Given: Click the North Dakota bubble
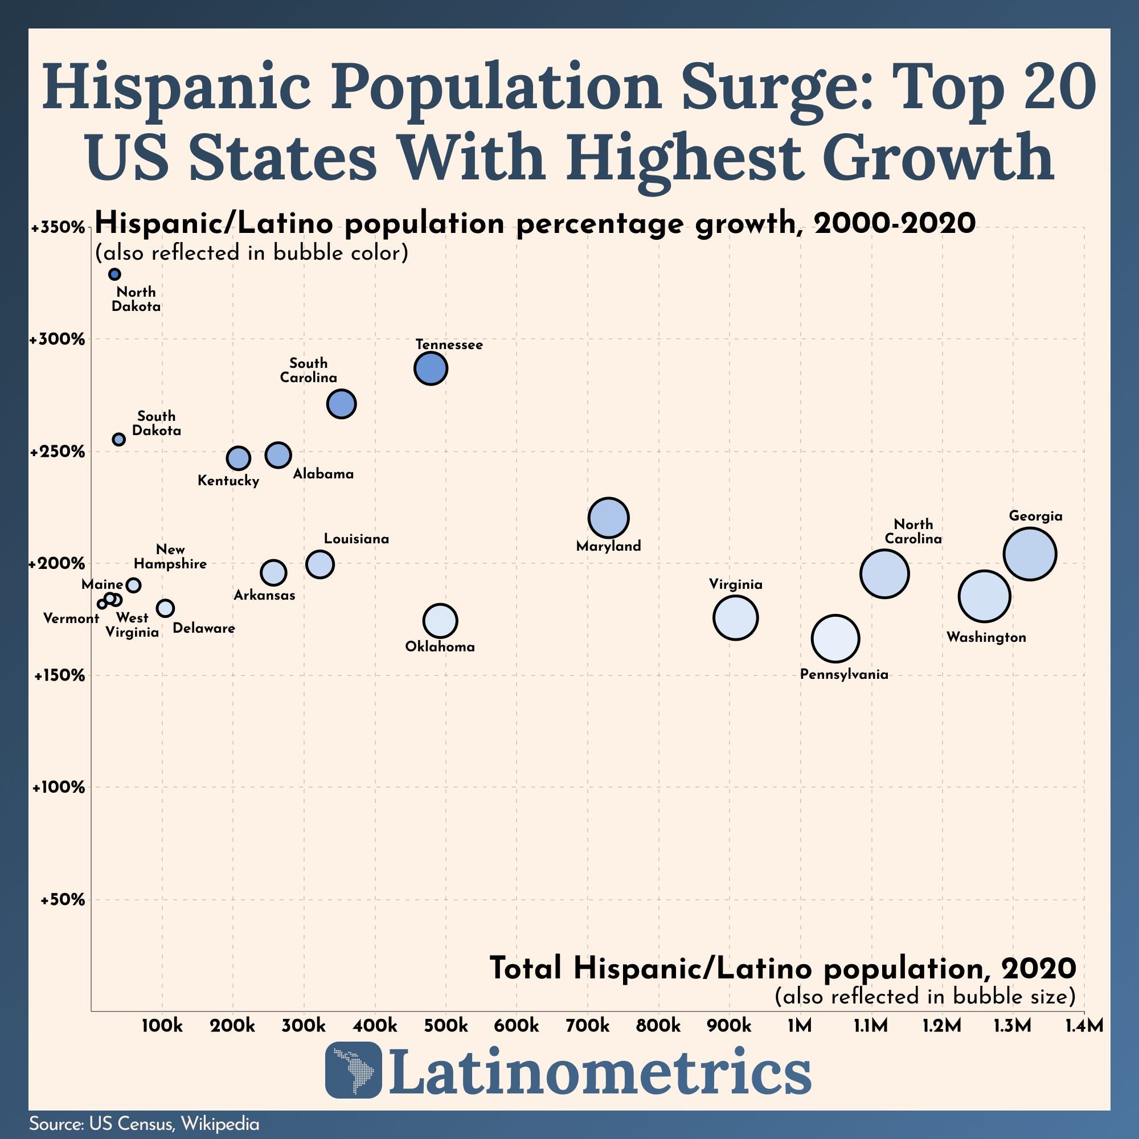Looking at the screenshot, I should (114, 274).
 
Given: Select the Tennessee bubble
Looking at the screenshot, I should (431, 368).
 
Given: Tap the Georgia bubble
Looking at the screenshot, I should (1029, 554).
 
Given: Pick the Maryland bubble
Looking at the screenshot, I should (608, 518).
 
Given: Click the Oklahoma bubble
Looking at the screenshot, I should (440, 621).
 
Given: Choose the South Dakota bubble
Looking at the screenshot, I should (118, 439).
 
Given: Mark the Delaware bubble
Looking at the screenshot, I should (165, 608).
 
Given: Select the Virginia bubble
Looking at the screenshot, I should (735, 617).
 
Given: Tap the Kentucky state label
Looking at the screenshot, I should (228, 481).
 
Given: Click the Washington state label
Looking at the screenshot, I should (986, 637).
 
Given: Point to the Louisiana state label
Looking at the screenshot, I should (356, 539).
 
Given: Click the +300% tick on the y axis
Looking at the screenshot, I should (58, 339).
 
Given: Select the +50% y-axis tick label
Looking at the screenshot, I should (62, 900).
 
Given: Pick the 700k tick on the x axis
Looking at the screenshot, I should (587, 1026).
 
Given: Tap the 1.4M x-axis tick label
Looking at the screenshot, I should (1084, 1026).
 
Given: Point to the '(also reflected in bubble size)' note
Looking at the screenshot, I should (924, 996).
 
